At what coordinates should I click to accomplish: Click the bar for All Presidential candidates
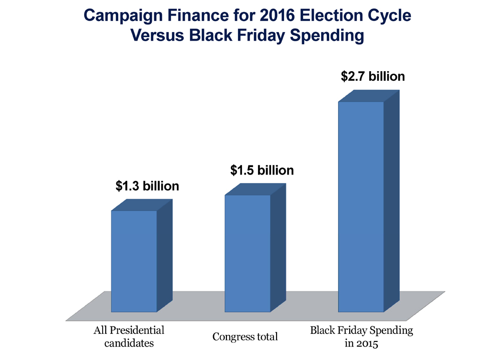pos(134,261)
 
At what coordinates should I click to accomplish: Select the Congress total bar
pos(247,253)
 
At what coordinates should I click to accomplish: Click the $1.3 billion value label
pos(147,187)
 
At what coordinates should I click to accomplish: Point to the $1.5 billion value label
pos(262,170)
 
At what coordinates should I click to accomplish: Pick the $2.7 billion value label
pos(373,77)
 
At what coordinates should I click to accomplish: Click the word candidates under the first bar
pos(129,343)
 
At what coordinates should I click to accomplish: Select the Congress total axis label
pos(245,337)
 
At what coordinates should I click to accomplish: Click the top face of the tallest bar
pos(369,96)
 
